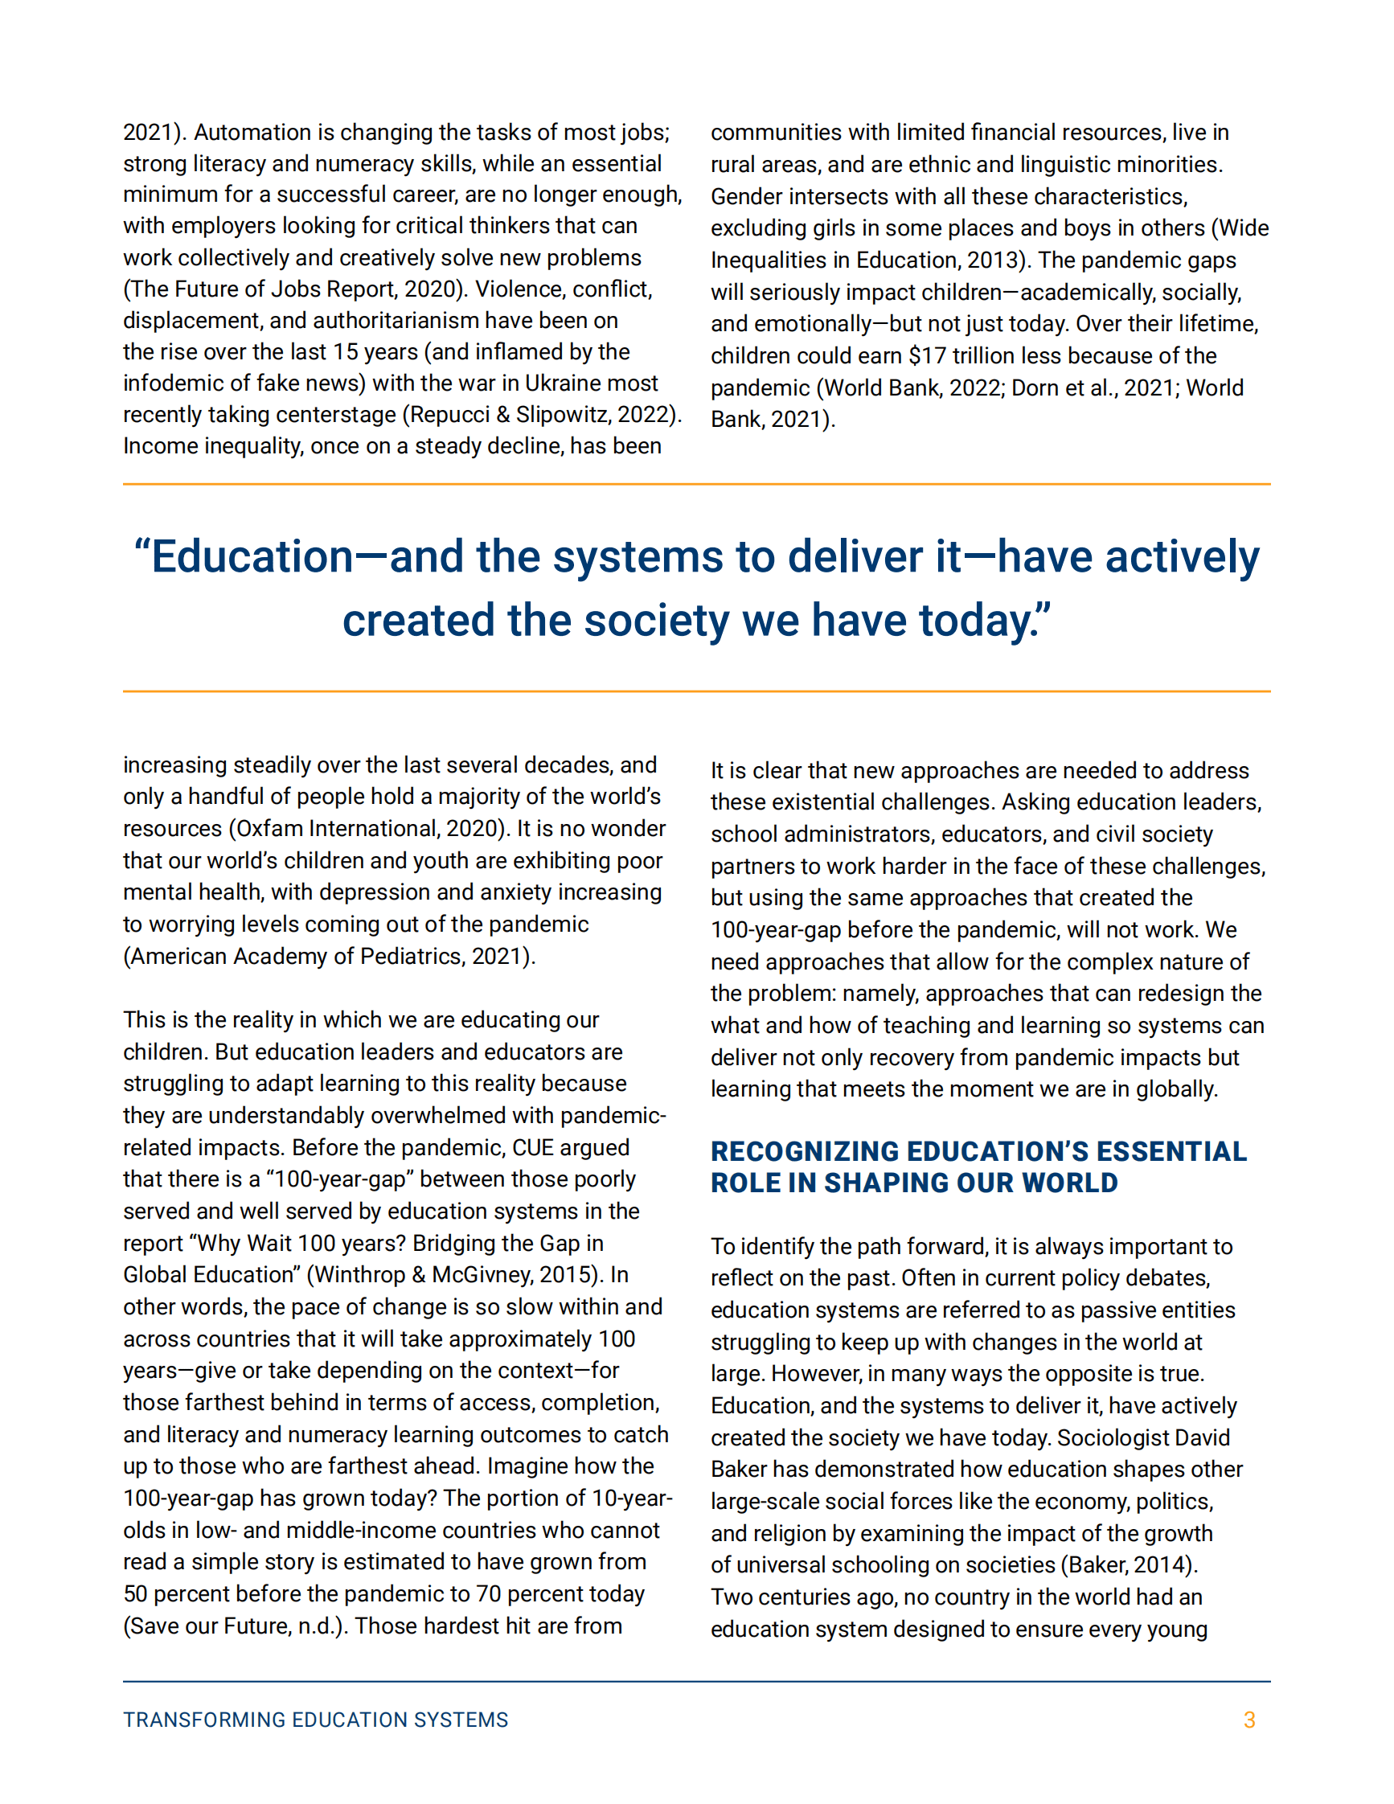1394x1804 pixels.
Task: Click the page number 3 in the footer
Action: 1248,1720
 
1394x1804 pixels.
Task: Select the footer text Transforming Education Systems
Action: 315,1720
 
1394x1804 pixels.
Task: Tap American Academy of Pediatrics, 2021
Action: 329,957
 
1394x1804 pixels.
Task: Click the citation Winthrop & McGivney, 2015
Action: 453,1274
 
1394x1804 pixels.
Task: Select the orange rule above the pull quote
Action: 696,484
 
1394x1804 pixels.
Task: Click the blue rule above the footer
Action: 696,1682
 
